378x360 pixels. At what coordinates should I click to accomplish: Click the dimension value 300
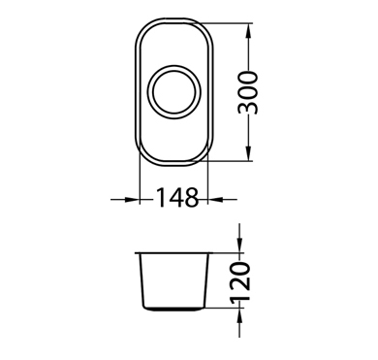click(x=250, y=92)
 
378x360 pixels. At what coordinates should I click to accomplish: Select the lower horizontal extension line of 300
click(x=233, y=161)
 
